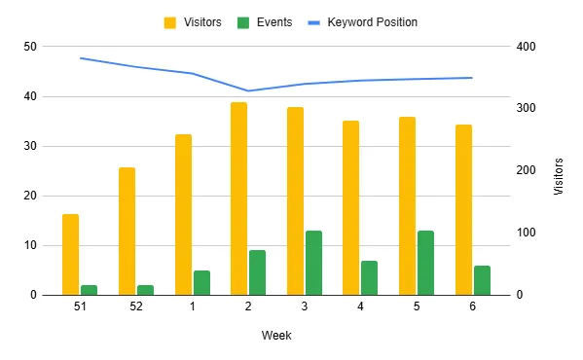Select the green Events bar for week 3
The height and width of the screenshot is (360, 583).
[x=313, y=263]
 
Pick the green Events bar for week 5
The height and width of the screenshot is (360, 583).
[x=425, y=263]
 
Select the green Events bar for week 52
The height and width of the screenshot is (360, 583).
[x=145, y=290]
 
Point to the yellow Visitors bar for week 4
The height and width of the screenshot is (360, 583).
[x=350, y=207]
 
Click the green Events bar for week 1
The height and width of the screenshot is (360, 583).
[x=201, y=282]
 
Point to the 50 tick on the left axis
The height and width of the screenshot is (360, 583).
[x=31, y=47]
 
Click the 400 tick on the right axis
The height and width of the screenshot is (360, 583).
[x=526, y=47]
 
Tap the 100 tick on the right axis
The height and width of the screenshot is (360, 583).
[x=526, y=233]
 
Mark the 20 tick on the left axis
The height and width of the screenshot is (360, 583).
[x=31, y=196]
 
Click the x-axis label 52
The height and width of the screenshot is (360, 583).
[x=135, y=306]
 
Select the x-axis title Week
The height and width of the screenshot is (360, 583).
[x=276, y=335]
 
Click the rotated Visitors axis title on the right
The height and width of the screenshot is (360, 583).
[x=559, y=176]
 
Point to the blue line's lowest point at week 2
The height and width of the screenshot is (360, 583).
[x=248, y=91]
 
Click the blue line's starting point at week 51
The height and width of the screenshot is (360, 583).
[x=80, y=58]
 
